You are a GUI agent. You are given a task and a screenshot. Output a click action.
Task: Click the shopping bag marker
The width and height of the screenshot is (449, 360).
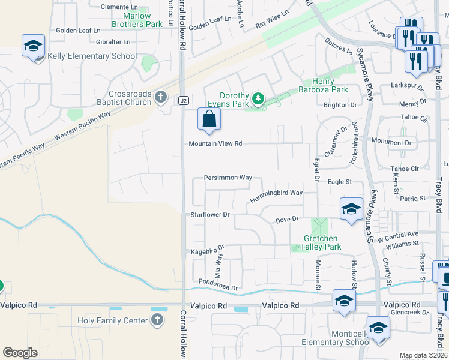(208, 119)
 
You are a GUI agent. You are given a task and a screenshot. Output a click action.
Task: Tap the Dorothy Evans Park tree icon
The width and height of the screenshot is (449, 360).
(258, 98)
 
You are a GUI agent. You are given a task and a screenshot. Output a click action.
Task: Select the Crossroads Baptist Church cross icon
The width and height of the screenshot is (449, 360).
(160, 97)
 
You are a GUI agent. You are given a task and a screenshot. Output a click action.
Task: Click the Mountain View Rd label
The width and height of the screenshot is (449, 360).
(215, 144)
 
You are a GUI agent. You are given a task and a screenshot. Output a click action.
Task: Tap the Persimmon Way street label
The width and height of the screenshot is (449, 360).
(228, 178)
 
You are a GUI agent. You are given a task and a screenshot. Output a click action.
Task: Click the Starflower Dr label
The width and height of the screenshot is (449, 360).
(210, 214)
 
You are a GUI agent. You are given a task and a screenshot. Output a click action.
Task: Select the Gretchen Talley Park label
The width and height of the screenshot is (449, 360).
(321, 242)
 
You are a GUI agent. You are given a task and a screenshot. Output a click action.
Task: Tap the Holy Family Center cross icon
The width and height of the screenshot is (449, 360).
(157, 320)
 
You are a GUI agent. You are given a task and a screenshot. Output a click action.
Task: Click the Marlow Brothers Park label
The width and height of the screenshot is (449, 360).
(137, 20)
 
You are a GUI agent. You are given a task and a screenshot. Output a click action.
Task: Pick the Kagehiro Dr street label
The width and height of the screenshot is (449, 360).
(208, 250)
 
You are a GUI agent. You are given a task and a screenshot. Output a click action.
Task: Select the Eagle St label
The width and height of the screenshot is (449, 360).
(339, 181)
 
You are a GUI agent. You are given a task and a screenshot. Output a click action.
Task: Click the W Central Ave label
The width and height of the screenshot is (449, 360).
(399, 234)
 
